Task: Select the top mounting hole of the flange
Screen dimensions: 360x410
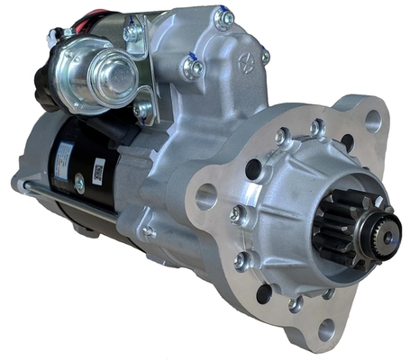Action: [x=373, y=121]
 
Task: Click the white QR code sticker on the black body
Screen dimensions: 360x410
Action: [x=99, y=170]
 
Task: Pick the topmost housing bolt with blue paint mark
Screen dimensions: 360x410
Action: [x=223, y=17]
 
